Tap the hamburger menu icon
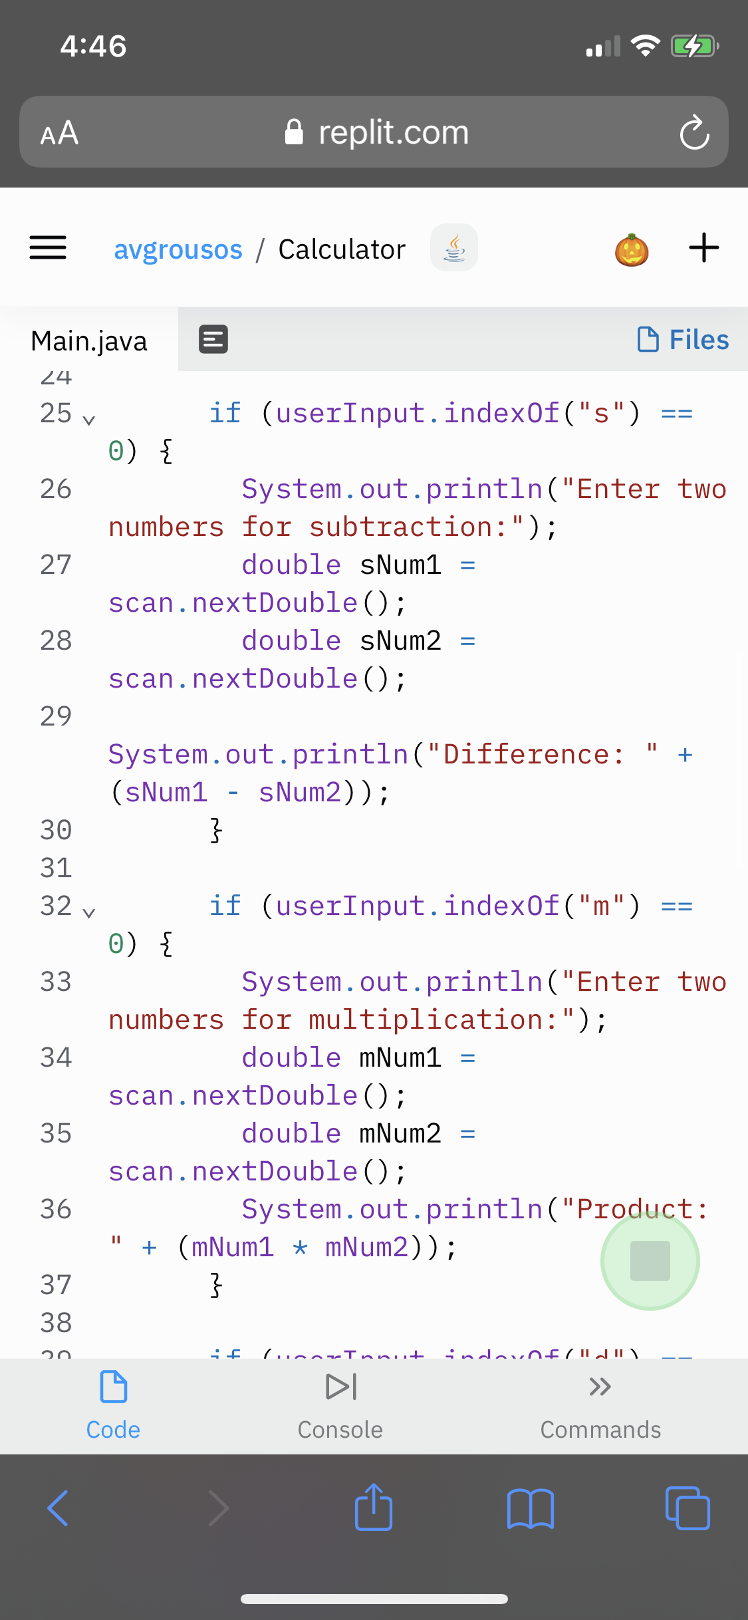(48, 247)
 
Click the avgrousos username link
(178, 249)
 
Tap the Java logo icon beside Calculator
(454, 247)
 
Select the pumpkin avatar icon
(632, 249)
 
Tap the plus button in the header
(703, 247)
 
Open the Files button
(683, 339)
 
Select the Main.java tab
(89, 340)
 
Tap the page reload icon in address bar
(694, 132)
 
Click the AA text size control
(59, 133)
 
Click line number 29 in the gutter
(56, 716)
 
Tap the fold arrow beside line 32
(89, 912)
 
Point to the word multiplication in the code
(426, 1019)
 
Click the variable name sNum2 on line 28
(400, 640)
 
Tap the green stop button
(650, 1260)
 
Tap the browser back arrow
(58, 1508)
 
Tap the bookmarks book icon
(530, 1508)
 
